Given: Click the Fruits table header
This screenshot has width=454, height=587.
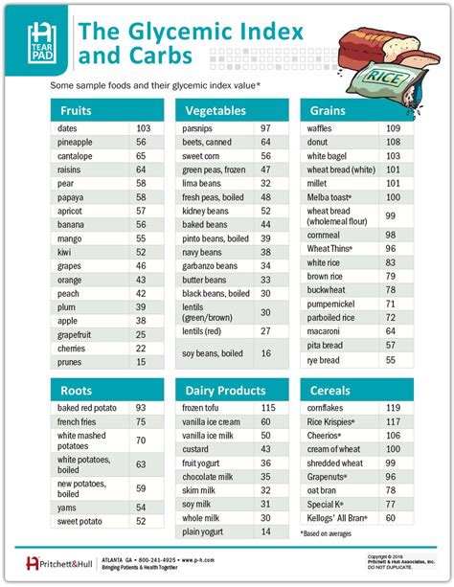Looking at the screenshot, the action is (76, 110).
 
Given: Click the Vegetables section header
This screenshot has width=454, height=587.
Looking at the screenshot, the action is (216, 110).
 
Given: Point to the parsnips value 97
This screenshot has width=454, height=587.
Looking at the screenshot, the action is (265, 128).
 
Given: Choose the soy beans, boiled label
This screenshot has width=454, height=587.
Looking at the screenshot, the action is (213, 353).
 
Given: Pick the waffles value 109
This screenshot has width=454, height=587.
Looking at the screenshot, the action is (392, 128).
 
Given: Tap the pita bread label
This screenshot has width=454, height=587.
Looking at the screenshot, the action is (325, 345).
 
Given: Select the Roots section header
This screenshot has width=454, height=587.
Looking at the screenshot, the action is (76, 391).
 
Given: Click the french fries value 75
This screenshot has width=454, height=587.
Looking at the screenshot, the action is (141, 421).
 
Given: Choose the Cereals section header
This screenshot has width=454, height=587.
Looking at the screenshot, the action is (330, 391).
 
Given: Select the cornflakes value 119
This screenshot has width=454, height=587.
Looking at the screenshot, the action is (392, 408).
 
